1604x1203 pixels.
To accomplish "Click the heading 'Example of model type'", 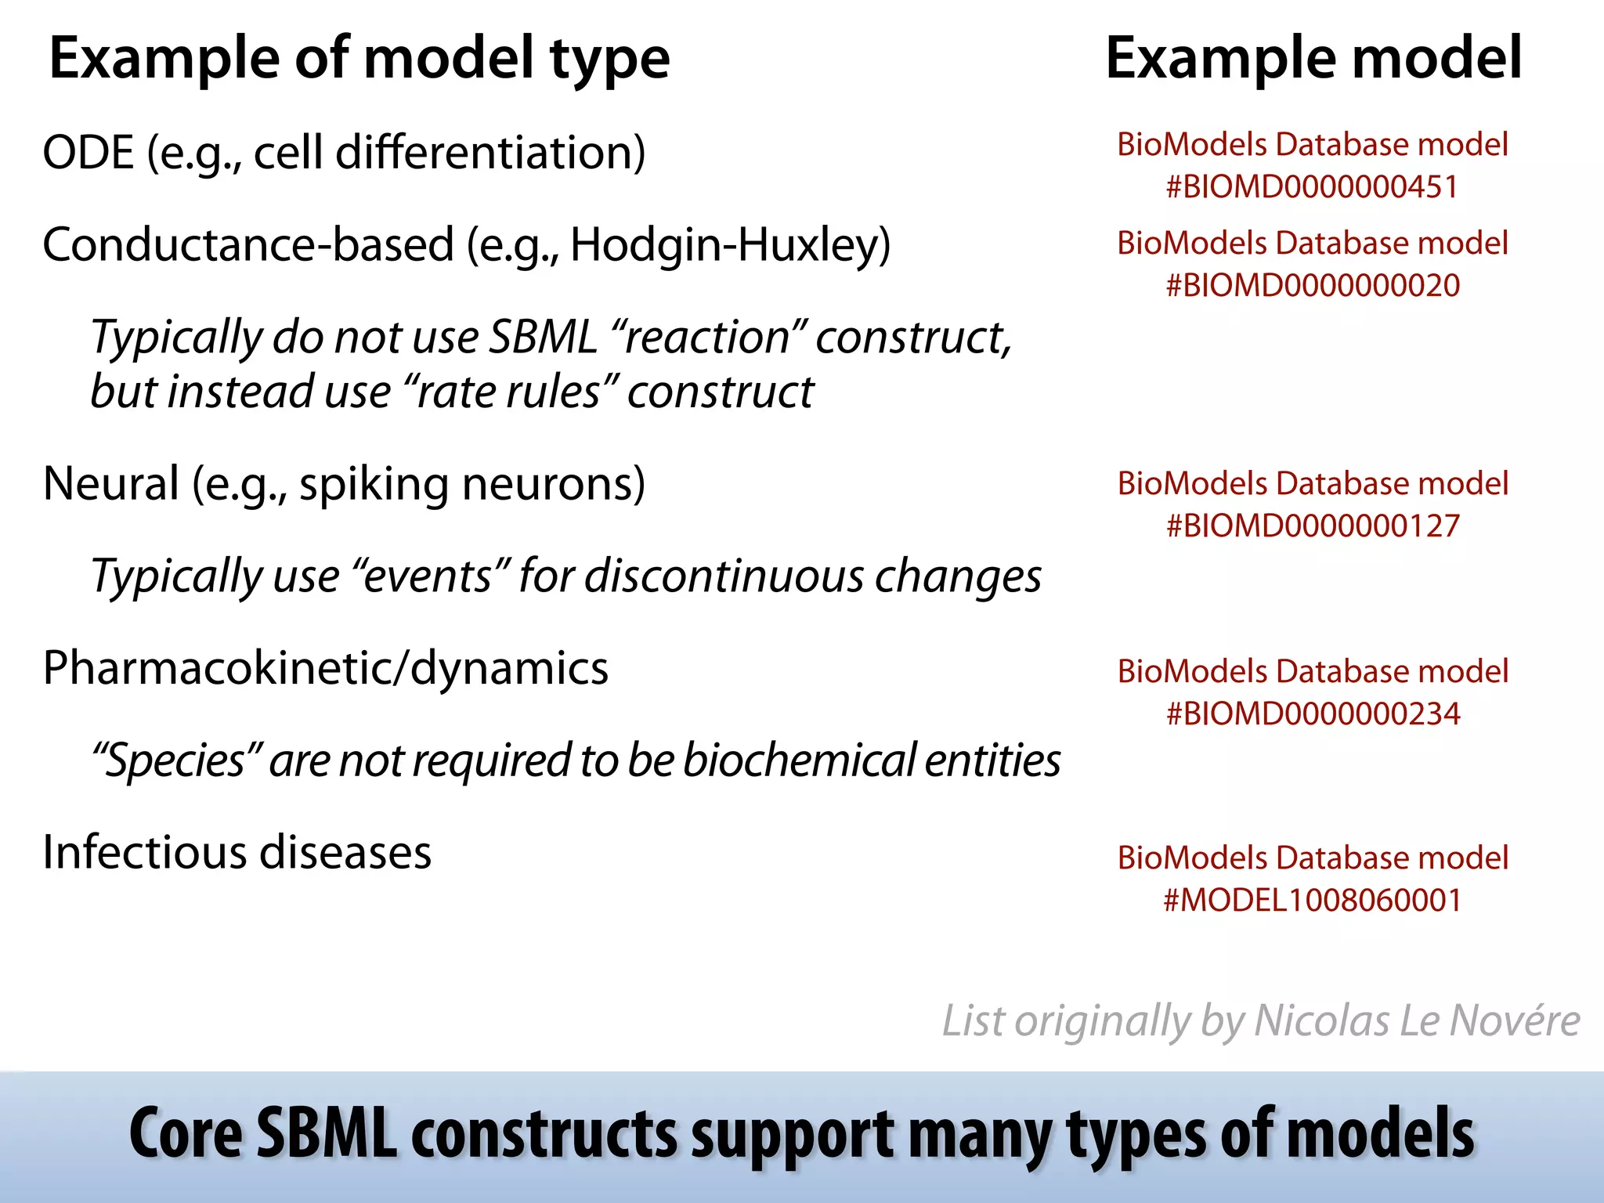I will coord(359,59).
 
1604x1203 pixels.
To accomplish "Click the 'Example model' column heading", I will coord(1313,59).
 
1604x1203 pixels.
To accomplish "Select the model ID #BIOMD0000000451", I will coord(1312,187).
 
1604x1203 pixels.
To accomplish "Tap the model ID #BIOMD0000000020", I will coord(1312,286).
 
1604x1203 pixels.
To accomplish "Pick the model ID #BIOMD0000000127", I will coord(1312,526).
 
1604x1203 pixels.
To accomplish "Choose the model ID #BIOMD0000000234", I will coord(1312,714).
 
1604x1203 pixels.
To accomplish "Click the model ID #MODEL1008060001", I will coord(1312,901).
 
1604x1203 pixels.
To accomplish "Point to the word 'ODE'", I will coord(88,152).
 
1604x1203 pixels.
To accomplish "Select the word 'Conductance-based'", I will coord(247,245).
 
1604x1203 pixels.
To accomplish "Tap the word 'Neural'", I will coord(110,484).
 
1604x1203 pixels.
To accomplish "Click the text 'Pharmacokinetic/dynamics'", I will coord(325,669).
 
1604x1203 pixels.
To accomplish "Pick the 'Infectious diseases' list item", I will coord(237,853).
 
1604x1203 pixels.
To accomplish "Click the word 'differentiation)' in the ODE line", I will coord(490,152).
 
